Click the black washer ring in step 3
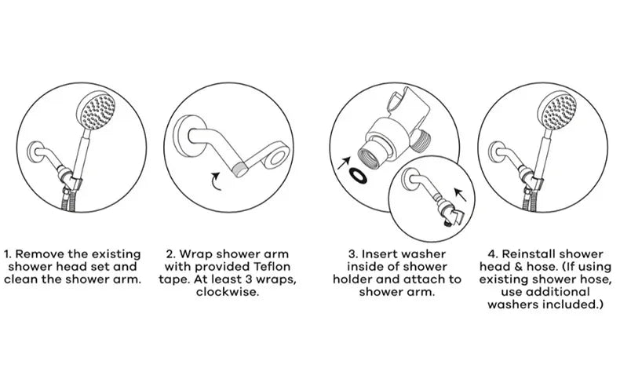point(358,176)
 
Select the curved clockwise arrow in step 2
point(216,181)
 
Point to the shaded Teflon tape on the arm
point(240,170)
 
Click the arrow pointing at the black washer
point(344,162)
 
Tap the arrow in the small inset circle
point(460,195)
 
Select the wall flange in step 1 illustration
point(33,152)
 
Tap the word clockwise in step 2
point(228,292)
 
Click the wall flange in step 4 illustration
point(494,152)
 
